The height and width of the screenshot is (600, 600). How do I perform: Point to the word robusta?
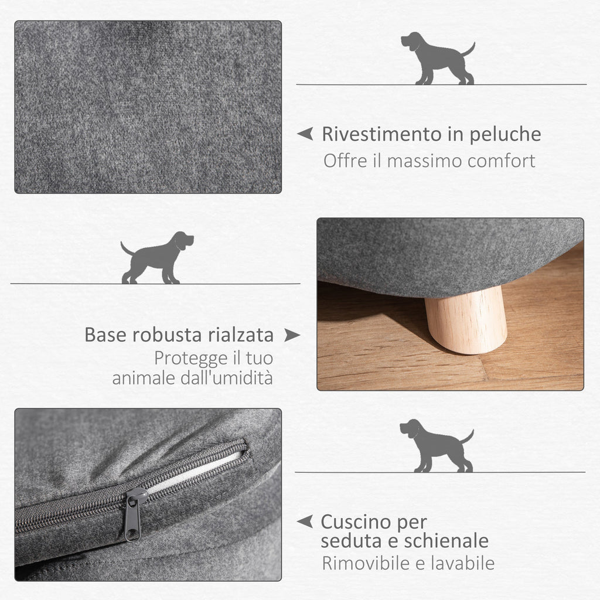click(x=169, y=335)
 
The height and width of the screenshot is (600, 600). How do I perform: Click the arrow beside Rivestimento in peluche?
click(x=305, y=134)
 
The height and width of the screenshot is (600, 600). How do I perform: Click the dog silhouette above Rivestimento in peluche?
click(x=437, y=59)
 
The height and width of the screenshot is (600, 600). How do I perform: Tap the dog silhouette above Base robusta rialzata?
click(x=157, y=258)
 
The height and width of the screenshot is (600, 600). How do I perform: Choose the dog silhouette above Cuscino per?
click(x=435, y=446)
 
